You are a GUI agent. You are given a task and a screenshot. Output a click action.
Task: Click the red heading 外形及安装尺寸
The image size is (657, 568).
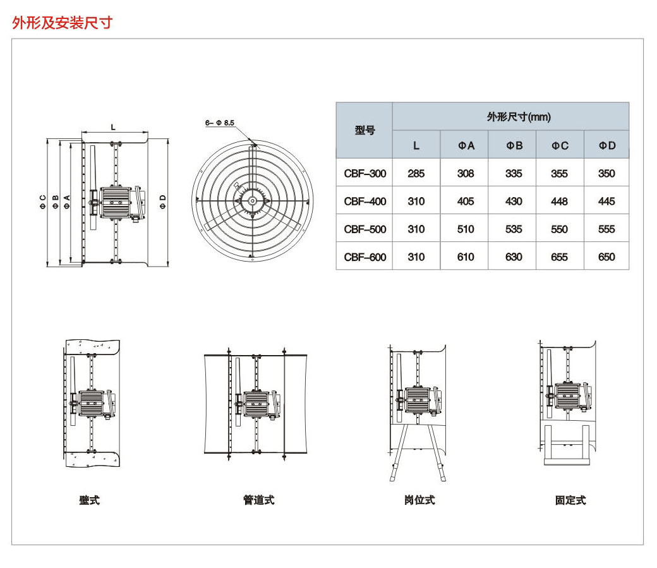(x=62, y=23)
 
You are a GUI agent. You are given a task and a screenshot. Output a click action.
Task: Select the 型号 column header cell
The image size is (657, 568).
(x=365, y=130)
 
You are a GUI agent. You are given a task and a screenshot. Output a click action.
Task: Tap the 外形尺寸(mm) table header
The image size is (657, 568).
(x=510, y=116)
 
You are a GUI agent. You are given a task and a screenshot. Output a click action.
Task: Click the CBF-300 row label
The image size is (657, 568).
(x=365, y=173)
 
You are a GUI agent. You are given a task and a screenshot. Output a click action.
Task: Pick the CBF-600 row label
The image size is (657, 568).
(x=365, y=257)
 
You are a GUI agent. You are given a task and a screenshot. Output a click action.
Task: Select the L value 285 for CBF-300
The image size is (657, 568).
(x=416, y=173)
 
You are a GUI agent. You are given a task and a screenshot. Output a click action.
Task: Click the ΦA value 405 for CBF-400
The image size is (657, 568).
(x=465, y=202)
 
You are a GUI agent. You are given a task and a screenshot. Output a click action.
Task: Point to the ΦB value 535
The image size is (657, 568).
(x=514, y=229)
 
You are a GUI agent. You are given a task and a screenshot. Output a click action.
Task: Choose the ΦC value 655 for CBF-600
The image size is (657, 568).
(x=559, y=257)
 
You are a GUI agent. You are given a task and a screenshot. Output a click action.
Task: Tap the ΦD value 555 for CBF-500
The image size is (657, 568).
(x=606, y=229)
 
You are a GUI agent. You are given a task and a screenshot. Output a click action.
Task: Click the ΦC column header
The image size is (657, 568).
(x=559, y=145)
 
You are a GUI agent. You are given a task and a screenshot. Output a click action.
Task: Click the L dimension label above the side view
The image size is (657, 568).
(x=114, y=127)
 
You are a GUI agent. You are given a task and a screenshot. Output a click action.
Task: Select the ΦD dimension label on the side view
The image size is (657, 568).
(x=162, y=201)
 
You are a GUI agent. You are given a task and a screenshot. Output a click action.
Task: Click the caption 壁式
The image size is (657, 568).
(x=89, y=500)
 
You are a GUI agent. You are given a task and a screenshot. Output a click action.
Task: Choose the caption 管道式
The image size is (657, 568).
(x=258, y=500)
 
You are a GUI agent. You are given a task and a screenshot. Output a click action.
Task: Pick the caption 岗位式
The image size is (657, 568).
(x=419, y=500)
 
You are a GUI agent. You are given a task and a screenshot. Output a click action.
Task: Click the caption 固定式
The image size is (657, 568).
(x=570, y=500)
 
